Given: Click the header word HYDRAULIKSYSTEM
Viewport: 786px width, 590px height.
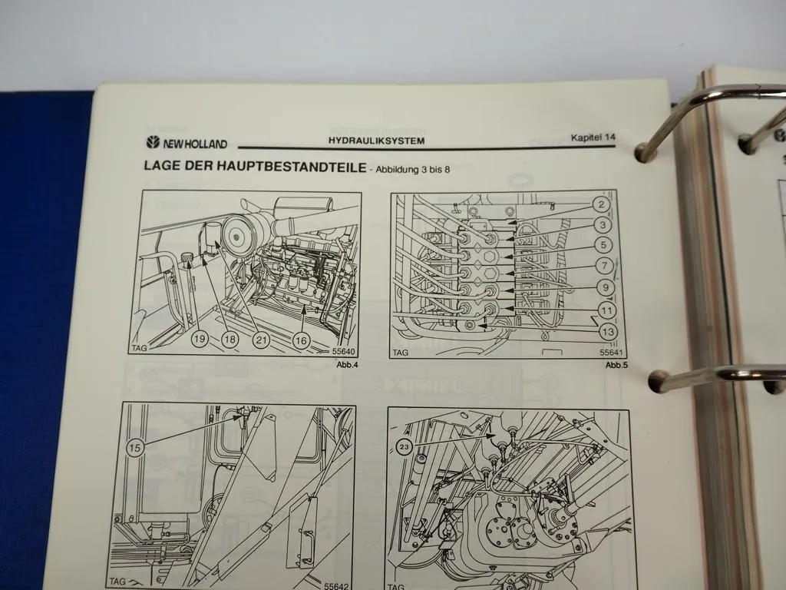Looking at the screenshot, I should point(376,141).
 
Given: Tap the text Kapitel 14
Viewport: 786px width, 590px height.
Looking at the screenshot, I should point(593,138).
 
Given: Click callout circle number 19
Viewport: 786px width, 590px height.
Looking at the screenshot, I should point(199,339).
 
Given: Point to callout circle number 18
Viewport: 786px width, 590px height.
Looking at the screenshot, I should point(230,339).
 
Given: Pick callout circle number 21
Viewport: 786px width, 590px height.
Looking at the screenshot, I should point(261,339).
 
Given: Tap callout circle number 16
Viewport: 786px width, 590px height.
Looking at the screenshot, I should point(301,339).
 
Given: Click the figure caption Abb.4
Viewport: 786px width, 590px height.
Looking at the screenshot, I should point(347,364).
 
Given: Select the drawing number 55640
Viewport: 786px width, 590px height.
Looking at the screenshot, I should point(345,352).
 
